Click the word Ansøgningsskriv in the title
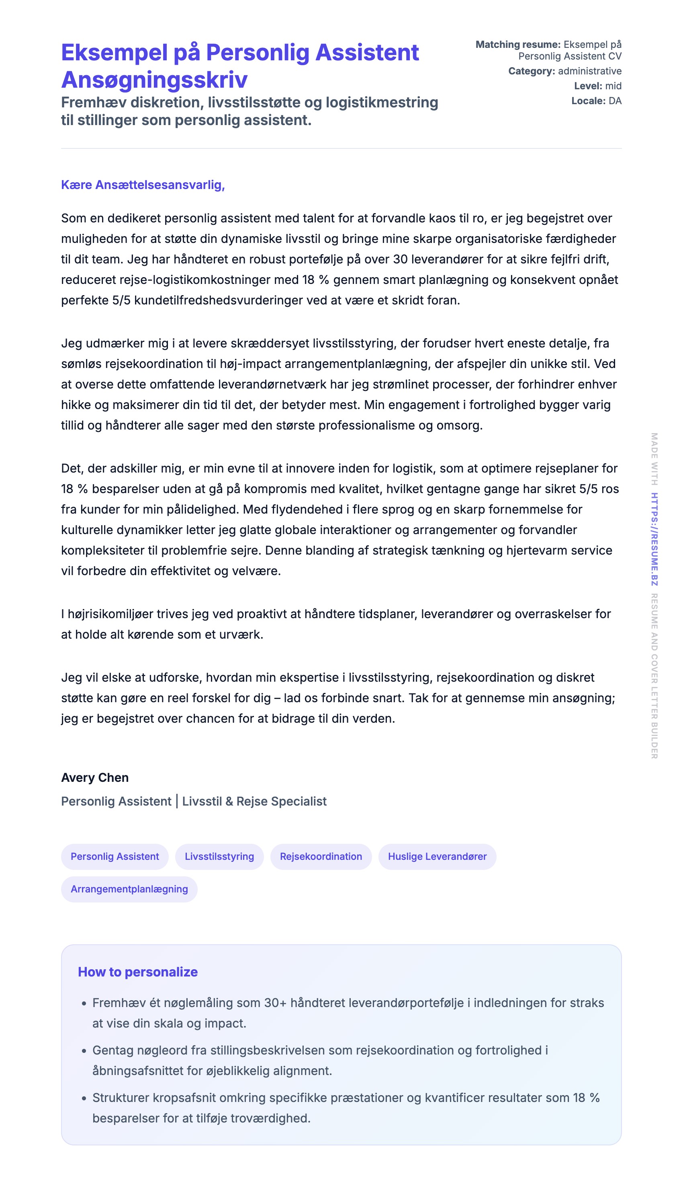[x=154, y=79]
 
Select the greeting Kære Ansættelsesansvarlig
[x=143, y=185]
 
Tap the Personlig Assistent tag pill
[x=115, y=856]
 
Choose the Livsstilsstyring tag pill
[x=219, y=856]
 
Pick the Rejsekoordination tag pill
[x=321, y=856]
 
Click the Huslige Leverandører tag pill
[x=437, y=856]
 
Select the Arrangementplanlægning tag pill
[x=129, y=889]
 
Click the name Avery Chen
[x=95, y=777]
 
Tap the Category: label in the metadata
[x=532, y=71]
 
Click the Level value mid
[x=613, y=86]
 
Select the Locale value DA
[x=615, y=101]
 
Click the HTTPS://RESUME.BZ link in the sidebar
[x=654, y=539]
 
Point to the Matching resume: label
[x=518, y=45]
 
